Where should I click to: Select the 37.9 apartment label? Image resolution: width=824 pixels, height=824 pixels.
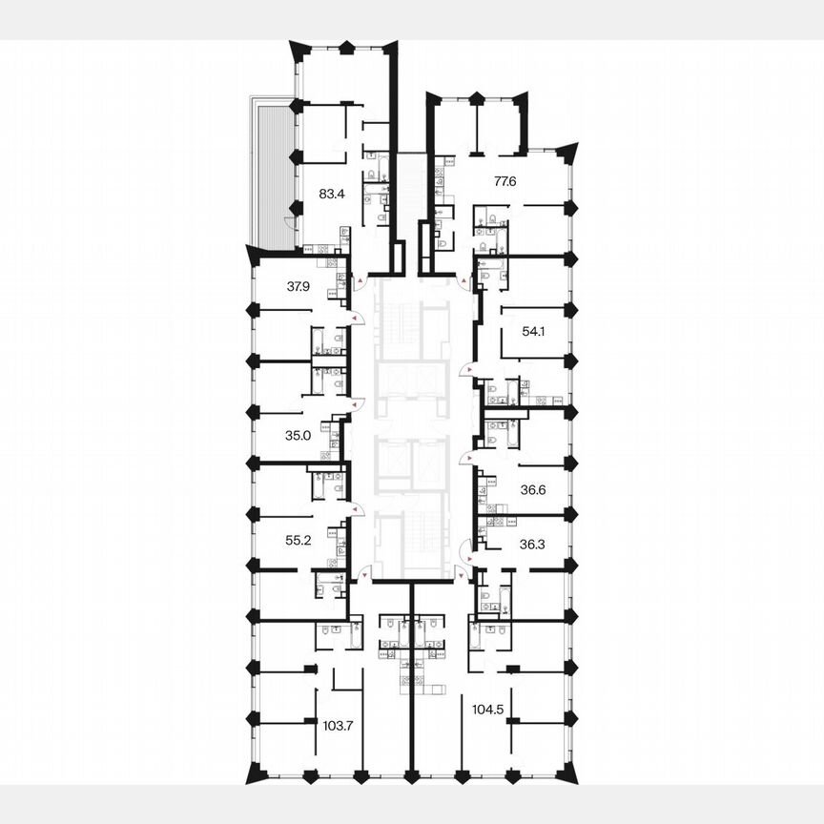(x=299, y=285)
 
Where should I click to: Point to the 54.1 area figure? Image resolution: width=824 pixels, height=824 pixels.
(x=535, y=332)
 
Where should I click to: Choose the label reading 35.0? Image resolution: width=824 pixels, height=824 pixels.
(x=299, y=436)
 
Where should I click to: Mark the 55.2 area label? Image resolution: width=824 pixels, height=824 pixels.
(x=299, y=539)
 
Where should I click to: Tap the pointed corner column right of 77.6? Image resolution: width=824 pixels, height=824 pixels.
(x=569, y=151)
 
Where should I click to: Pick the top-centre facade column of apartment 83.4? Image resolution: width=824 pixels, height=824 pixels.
(x=346, y=46)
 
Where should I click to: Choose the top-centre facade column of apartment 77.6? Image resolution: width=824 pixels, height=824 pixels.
(x=476, y=96)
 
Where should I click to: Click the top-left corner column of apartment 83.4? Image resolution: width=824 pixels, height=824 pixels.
(x=298, y=48)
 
